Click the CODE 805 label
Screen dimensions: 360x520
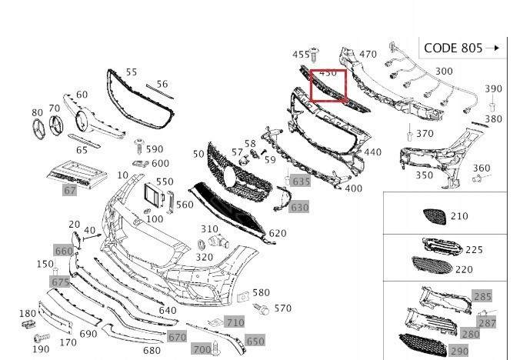click(453, 48)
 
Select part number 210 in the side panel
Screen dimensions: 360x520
click(458, 216)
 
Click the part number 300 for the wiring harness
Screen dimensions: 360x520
click(444, 72)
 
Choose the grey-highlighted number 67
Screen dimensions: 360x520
click(69, 189)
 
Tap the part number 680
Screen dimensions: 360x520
click(152, 350)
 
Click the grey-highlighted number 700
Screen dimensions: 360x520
click(201, 349)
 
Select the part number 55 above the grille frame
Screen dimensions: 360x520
click(132, 72)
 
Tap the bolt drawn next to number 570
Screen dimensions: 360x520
click(262, 309)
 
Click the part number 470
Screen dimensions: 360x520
click(368, 55)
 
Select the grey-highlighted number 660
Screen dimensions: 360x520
click(63, 251)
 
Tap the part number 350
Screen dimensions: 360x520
click(424, 175)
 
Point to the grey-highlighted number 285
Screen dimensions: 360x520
click(482, 296)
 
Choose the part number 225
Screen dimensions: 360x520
click(475, 249)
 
